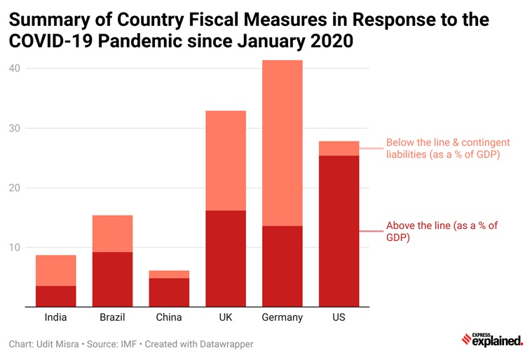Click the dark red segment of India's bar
[x=55, y=296]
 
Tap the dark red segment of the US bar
[x=339, y=231]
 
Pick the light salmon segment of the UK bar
[x=226, y=160]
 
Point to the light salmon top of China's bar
[x=169, y=275]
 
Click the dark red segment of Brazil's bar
[x=112, y=279]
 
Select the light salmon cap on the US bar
[x=339, y=148]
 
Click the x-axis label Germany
[x=282, y=317]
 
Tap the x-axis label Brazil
[x=112, y=317]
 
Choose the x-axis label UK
[x=226, y=317]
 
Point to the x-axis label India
[x=55, y=317]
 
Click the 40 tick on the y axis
[x=15, y=69]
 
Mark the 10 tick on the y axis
[x=15, y=247]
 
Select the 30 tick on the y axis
[x=15, y=128]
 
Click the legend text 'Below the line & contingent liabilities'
[x=443, y=148]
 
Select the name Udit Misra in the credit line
[x=60, y=344]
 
